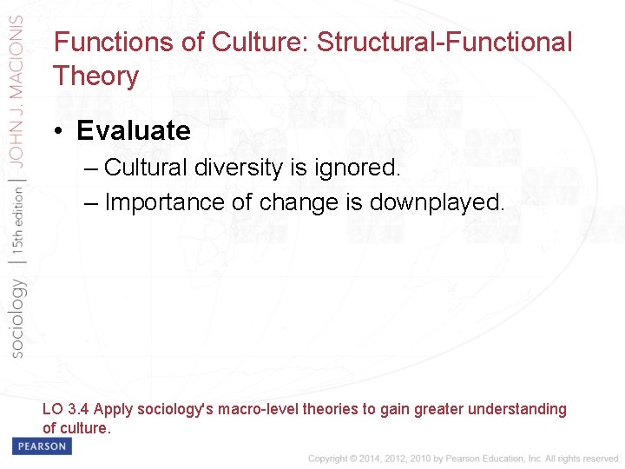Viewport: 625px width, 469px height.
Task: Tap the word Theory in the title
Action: tap(95, 76)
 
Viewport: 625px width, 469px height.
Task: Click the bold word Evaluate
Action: tap(133, 130)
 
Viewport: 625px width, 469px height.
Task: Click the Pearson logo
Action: tap(41, 446)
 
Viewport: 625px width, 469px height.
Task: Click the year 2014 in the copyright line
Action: tap(367, 458)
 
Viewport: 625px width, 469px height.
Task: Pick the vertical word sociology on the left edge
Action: tap(18, 317)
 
